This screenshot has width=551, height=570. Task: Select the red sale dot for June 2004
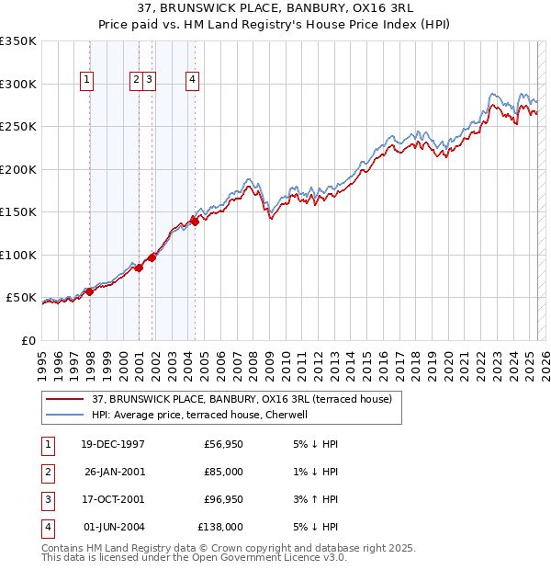click(195, 221)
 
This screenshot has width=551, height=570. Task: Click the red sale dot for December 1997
click(90, 291)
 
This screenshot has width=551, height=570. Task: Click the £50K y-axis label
click(21, 298)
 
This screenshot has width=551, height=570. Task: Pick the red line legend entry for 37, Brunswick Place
click(242, 399)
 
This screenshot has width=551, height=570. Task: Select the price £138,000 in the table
click(219, 527)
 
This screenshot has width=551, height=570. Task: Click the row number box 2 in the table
click(47, 472)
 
